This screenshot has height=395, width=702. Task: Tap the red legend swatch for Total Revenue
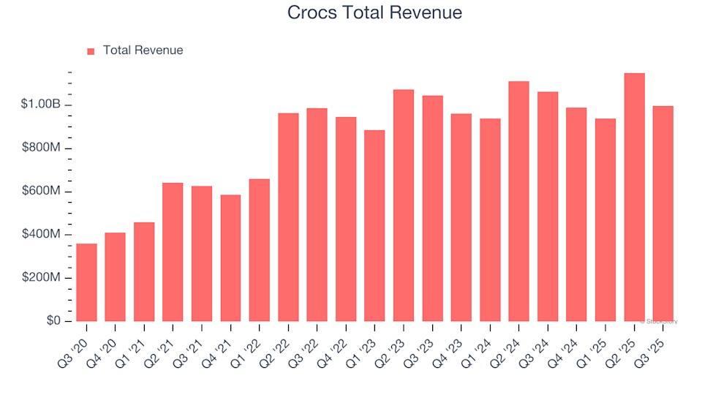[x=91, y=51]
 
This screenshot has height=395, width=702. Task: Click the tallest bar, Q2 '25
[x=634, y=197]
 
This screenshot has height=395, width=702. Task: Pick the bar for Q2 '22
[x=288, y=217]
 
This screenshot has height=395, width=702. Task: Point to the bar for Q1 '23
[x=374, y=226]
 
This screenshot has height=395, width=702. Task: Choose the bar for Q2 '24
[x=518, y=201]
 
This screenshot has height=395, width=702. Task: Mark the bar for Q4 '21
[x=230, y=258]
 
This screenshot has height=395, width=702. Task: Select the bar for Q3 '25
[x=663, y=214]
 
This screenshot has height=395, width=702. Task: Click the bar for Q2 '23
[x=404, y=206]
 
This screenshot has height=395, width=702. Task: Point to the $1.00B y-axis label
[x=41, y=105]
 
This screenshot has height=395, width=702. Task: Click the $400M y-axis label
[x=41, y=235]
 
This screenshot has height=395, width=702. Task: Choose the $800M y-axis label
[x=41, y=148]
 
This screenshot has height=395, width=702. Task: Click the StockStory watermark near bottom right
[x=659, y=321]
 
